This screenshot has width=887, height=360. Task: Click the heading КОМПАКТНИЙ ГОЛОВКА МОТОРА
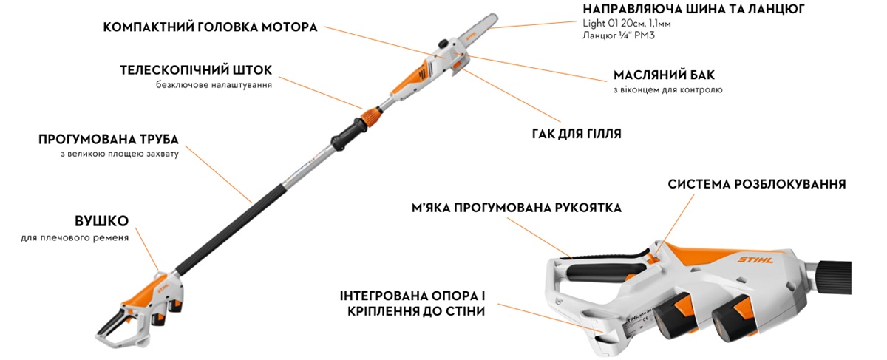pyautogui.click(x=211, y=27)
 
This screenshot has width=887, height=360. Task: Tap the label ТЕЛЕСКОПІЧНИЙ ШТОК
pyautogui.click(x=196, y=70)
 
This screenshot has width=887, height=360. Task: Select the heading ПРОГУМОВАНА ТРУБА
pyautogui.click(x=109, y=139)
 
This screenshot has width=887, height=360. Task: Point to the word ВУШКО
pyautogui.click(x=101, y=221)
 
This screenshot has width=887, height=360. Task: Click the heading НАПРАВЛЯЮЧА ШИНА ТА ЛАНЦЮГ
pyautogui.click(x=693, y=10)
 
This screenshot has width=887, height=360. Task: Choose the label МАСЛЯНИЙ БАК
pyautogui.click(x=664, y=75)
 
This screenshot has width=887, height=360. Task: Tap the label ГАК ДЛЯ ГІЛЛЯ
pyautogui.click(x=576, y=135)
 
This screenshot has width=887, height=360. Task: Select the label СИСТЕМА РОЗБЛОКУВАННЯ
pyautogui.click(x=757, y=184)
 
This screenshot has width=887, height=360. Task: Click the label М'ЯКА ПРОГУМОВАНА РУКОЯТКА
pyautogui.click(x=517, y=208)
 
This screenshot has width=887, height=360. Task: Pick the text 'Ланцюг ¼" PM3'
pyautogui.click(x=618, y=35)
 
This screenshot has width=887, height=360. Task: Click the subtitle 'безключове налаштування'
pyautogui.click(x=214, y=85)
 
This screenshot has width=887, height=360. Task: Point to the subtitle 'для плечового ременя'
pyautogui.click(x=75, y=237)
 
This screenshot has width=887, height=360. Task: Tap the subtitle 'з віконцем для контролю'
pyautogui.click(x=667, y=90)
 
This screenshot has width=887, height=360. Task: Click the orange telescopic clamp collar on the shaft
pyautogui.click(x=371, y=115)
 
